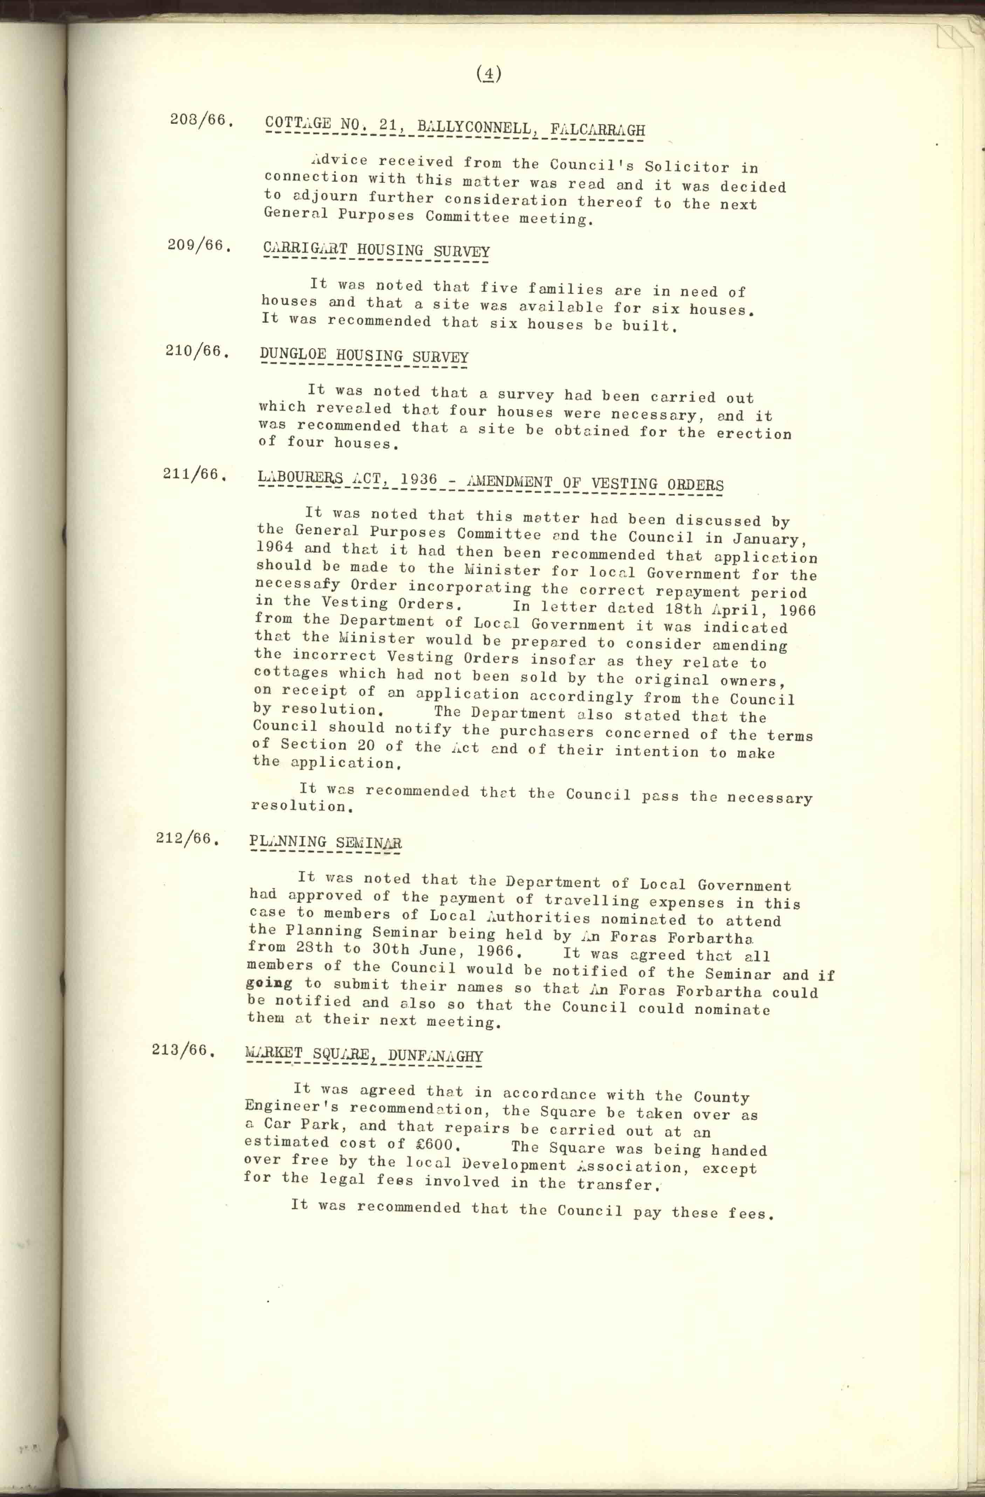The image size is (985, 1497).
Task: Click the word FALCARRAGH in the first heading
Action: tap(597, 130)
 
